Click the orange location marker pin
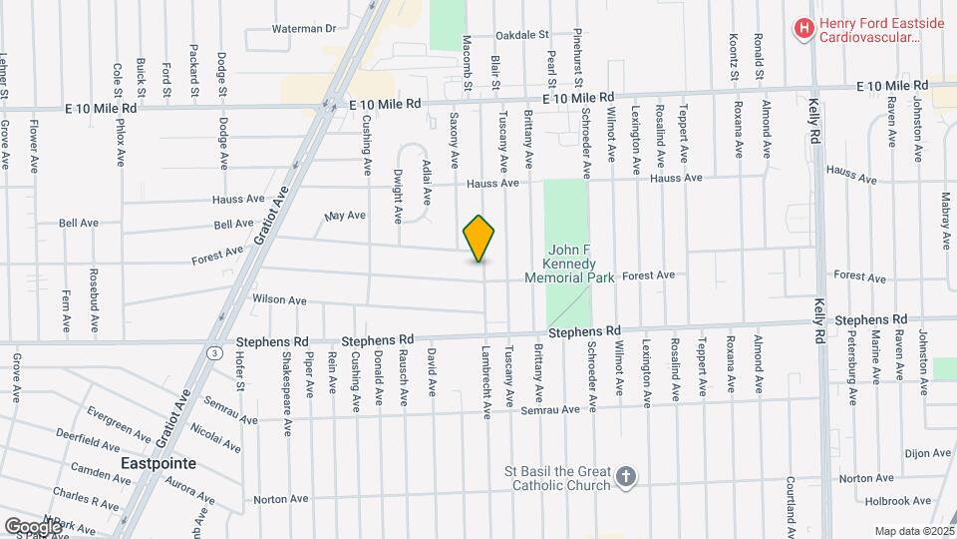point(479,239)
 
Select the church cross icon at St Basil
point(625,477)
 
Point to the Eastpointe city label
point(158,464)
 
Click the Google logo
point(33,526)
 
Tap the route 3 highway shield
point(214,352)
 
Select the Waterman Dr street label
point(304,29)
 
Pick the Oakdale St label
point(522,33)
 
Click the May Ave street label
point(346,215)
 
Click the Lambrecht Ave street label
point(486,382)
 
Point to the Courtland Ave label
point(790,504)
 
